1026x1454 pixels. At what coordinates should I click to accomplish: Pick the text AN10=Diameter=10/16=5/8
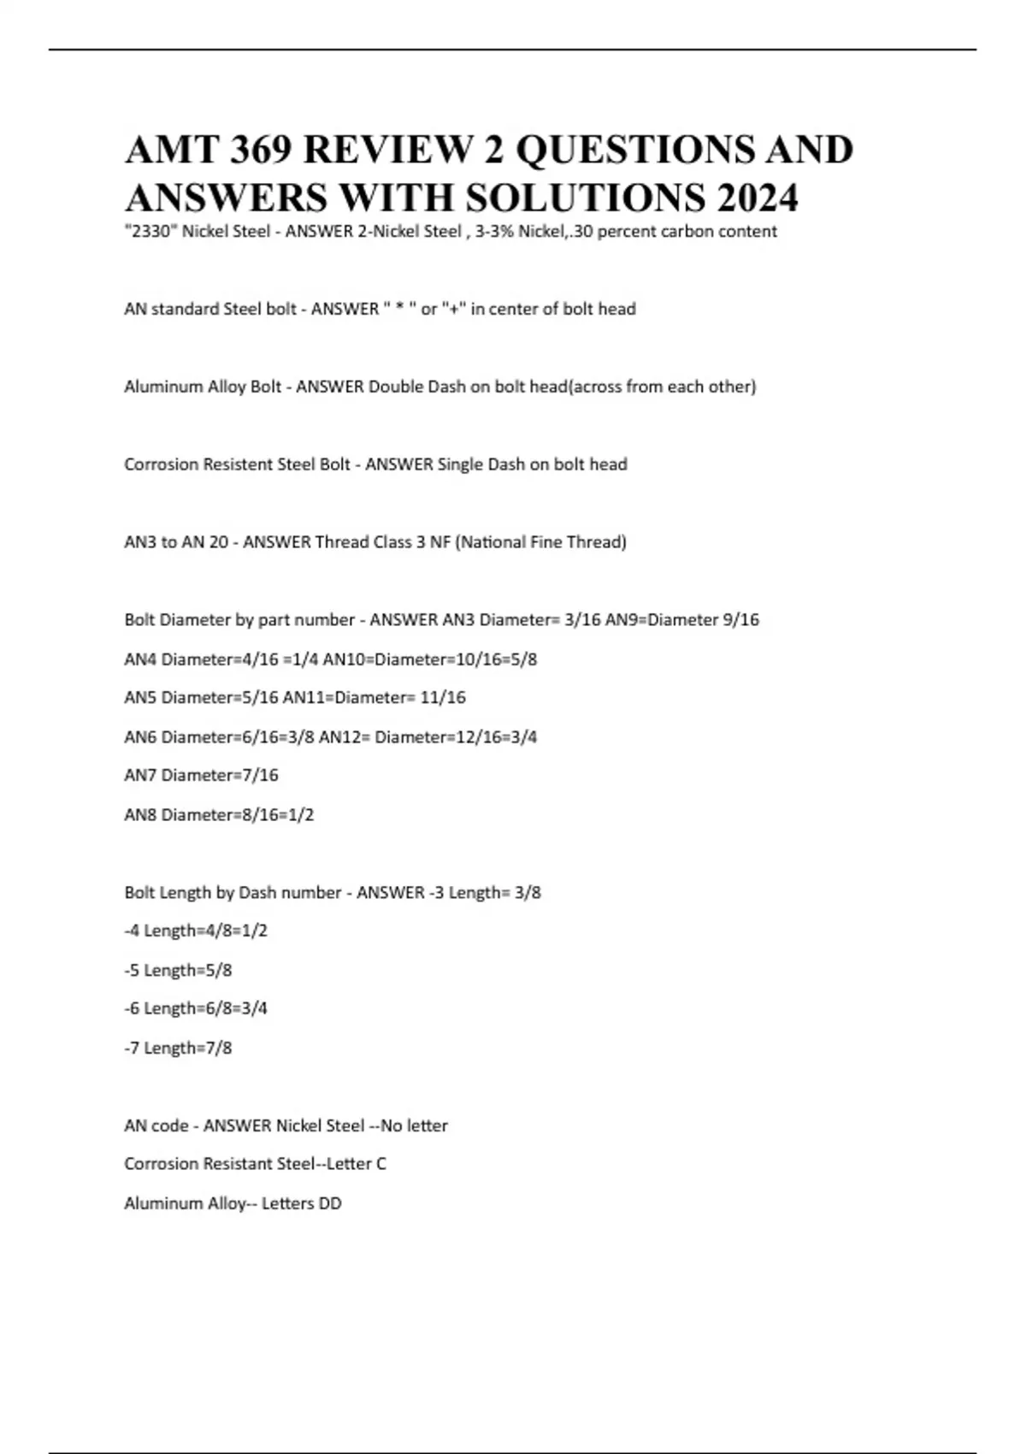coord(429,659)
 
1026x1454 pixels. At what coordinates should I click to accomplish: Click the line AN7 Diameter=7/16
coord(201,775)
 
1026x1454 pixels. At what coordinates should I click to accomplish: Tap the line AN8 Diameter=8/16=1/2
coord(219,814)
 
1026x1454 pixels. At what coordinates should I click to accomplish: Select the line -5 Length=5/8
coord(178,970)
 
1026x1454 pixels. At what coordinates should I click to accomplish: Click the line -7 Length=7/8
coord(178,1048)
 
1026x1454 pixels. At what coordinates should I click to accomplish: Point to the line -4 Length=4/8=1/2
coord(196,931)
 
